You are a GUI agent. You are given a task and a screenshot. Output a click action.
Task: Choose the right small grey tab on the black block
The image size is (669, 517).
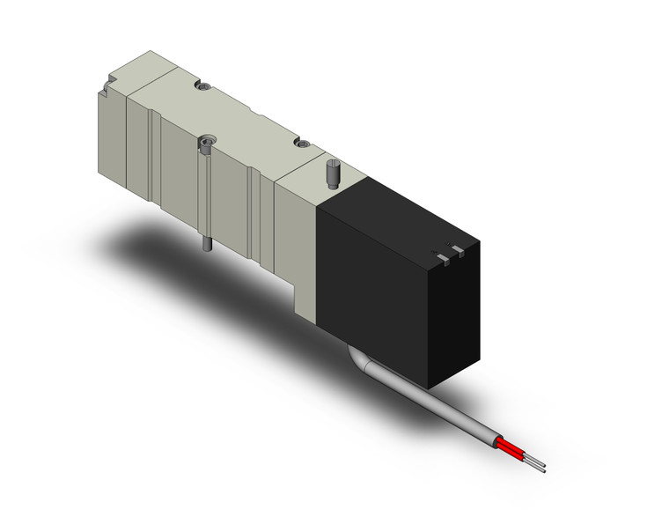click(x=456, y=250)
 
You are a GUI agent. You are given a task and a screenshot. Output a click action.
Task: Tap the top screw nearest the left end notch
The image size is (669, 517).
click(x=203, y=88)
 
